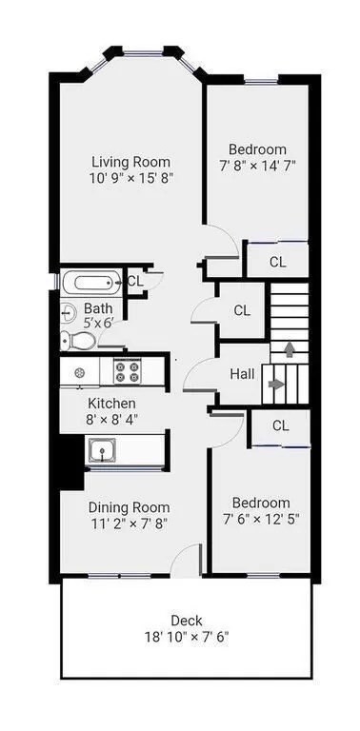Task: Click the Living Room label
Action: point(131,163)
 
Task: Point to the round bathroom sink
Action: point(69,311)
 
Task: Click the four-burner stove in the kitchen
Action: point(128,371)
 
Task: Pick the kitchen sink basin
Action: point(101,450)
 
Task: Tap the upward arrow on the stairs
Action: point(290,348)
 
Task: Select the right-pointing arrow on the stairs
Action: point(275,385)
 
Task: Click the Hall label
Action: point(242,374)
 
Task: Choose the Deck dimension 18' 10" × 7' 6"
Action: point(187,637)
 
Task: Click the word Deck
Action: point(187,621)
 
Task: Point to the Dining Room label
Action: point(130,507)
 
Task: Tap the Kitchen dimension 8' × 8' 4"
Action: point(112,419)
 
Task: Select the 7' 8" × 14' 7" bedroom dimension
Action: point(258,166)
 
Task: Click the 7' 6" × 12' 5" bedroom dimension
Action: point(261,519)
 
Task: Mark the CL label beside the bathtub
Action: point(135,281)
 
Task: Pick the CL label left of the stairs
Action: point(242,310)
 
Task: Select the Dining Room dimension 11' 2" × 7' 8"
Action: point(130,524)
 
